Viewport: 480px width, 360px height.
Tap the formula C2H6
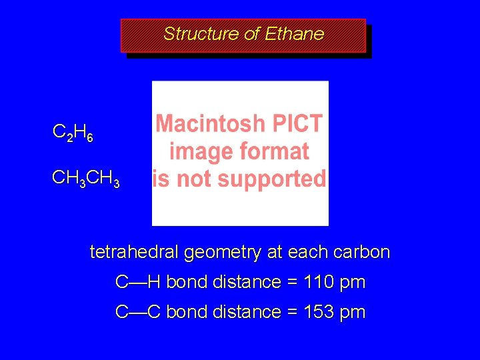coord(73,134)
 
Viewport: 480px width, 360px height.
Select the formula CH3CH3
coord(86,179)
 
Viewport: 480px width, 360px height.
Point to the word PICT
coord(297,124)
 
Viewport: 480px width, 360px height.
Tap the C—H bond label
coord(138,282)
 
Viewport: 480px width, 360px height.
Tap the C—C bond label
coord(138,311)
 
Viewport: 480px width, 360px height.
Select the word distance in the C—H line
coord(247,282)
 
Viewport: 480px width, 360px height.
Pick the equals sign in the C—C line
coord(292,311)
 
